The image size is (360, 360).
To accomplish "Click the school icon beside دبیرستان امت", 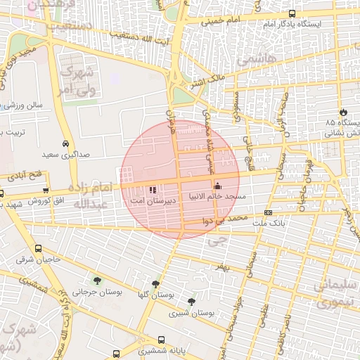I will point(153,189).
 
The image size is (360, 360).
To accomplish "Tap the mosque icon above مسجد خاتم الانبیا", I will point(217,186).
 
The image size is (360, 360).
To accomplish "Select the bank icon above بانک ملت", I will point(268,212).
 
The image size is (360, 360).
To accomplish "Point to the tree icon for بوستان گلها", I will point(155,284).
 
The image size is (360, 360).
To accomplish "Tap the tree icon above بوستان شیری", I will point(191,301).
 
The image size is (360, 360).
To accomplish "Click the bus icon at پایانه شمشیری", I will point(162,339).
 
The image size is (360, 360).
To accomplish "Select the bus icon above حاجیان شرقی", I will point(38,248).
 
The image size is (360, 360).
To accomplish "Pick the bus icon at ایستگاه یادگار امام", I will point(292,13).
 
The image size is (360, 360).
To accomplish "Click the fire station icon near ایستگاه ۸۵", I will point(343,112).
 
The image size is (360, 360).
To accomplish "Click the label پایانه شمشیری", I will point(162,350).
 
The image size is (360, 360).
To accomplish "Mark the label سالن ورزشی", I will point(25,105).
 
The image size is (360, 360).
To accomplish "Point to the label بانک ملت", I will point(268,223).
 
